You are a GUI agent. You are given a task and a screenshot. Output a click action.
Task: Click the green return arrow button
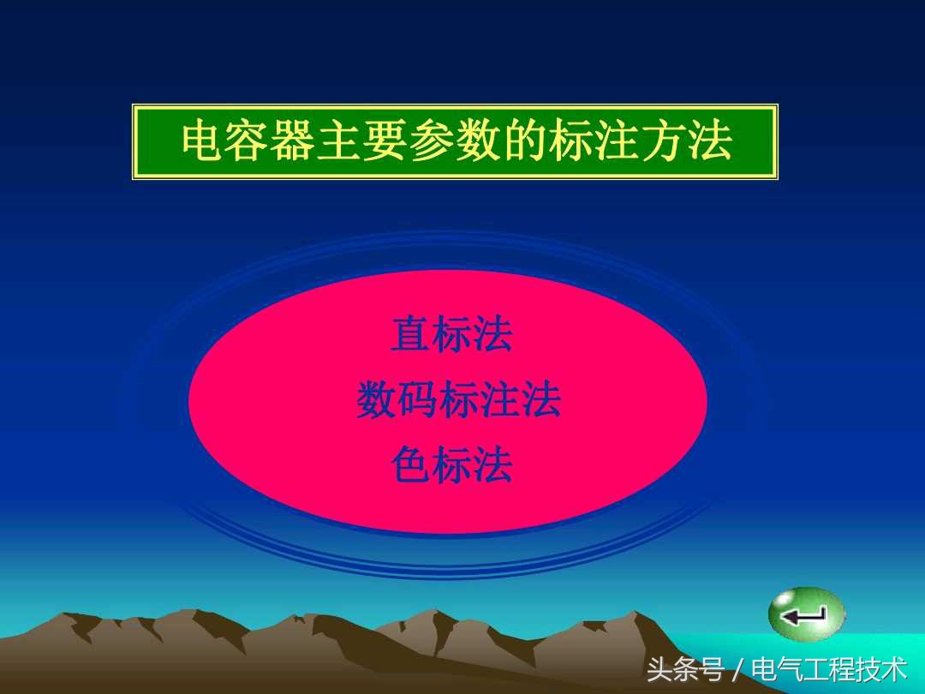tap(806, 613)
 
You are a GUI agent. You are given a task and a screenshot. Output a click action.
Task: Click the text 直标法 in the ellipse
tap(451, 334)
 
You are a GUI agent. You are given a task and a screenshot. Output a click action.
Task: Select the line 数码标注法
tap(459, 400)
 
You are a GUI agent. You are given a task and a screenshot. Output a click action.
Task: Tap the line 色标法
tap(451, 465)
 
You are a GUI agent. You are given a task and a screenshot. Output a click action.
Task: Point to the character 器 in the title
tap(295, 142)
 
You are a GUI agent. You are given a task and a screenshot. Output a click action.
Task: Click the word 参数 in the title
tap(454, 142)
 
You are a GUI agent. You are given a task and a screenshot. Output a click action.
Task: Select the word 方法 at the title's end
tap(685, 142)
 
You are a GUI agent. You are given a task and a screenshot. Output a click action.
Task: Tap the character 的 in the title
tap(523, 142)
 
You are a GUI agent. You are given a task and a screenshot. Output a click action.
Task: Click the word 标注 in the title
tap(593, 142)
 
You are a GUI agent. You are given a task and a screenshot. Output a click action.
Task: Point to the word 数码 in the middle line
tap(397, 400)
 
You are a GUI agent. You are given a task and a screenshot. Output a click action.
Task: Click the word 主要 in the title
tap(363, 142)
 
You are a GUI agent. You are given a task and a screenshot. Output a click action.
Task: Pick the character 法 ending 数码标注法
tap(541, 400)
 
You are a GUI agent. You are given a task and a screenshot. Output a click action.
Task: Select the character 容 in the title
tap(248, 142)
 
